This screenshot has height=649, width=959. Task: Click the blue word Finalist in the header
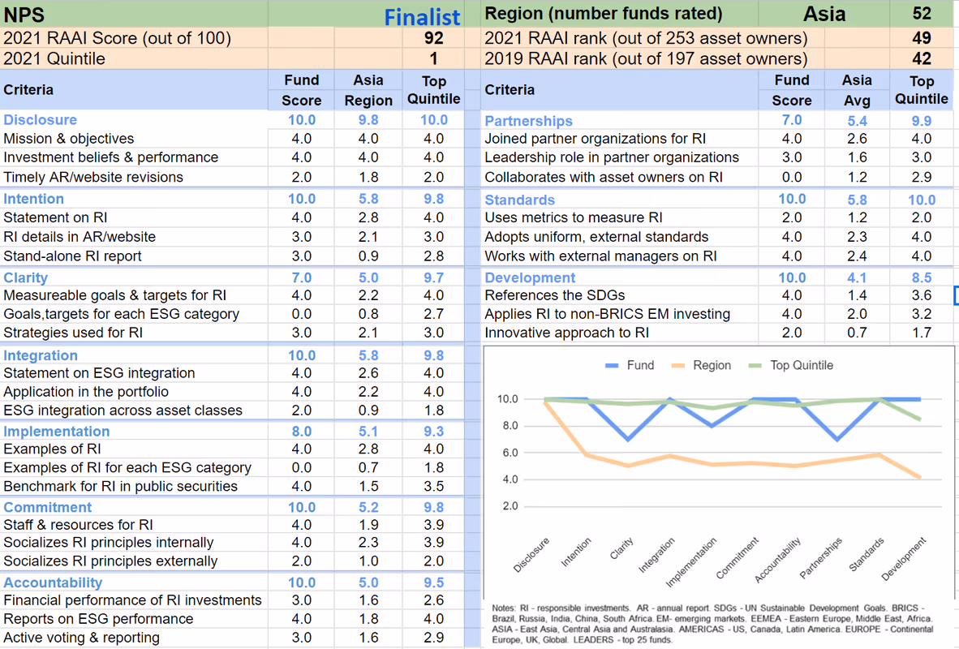(x=421, y=17)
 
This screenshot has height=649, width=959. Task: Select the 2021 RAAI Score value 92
(x=433, y=38)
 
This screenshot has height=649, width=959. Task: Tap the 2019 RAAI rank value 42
(x=922, y=58)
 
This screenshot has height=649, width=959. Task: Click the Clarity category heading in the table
(x=26, y=277)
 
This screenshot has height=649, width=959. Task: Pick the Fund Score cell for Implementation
(x=302, y=432)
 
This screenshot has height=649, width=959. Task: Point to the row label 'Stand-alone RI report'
(x=72, y=256)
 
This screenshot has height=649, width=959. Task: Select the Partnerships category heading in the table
(x=528, y=121)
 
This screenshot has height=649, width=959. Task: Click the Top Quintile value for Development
(x=922, y=277)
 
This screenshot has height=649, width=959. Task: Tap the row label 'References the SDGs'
(x=555, y=295)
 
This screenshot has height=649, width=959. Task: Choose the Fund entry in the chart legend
(x=630, y=365)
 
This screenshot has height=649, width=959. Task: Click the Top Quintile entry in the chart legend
(x=791, y=365)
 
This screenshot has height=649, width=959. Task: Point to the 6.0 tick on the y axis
(x=510, y=453)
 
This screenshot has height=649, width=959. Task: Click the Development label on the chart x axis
(x=904, y=558)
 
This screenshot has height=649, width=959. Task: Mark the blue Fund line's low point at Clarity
(x=628, y=439)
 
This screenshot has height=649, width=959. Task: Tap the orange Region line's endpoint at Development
(x=920, y=477)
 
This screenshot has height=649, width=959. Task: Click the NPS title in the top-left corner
(x=24, y=15)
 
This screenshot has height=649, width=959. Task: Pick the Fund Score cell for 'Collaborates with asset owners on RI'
(x=792, y=178)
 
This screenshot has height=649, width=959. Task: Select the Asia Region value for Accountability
(x=368, y=583)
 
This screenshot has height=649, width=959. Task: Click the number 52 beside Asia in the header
(x=922, y=14)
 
